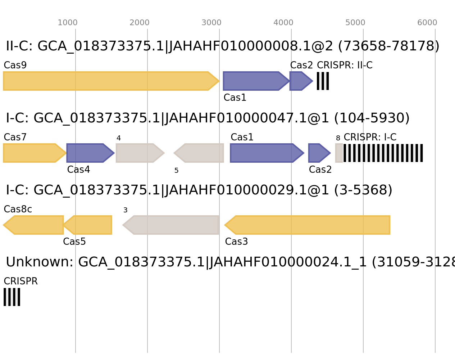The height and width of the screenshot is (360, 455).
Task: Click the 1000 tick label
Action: click(68, 23)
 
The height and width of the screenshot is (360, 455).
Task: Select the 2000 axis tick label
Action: click(140, 23)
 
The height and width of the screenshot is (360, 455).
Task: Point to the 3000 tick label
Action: click(211, 23)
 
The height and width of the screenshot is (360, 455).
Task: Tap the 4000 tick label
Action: click(283, 23)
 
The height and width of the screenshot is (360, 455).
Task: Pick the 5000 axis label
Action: click(355, 23)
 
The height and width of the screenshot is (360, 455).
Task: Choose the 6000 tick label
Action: click(427, 23)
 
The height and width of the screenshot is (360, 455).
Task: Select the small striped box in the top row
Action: click(323, 81)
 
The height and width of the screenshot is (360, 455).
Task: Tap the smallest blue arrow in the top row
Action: click(300, 81)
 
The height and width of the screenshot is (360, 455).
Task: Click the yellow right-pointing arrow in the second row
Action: click(32, 153)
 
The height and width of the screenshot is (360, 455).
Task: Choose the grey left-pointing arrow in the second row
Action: click(201, 153)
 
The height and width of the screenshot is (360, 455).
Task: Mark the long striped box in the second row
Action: click(383, 153)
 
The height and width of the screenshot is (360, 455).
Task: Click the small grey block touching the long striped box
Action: click(339, 153)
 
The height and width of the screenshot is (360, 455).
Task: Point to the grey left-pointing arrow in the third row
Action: click(173, 225)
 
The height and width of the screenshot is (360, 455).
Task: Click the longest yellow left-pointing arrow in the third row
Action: click(309, 225)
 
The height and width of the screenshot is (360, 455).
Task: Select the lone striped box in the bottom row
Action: click(12, 297)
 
